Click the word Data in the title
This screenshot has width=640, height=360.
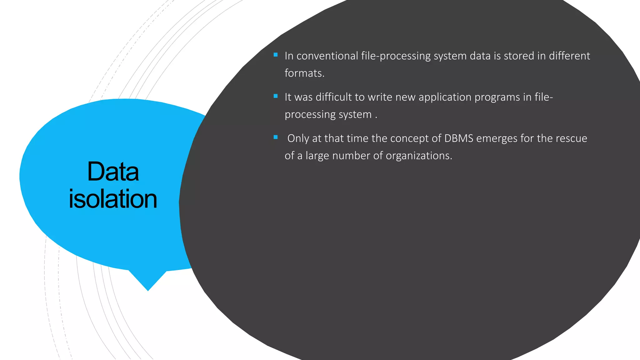coord(113,172)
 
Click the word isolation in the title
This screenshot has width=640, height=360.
coord(113,199)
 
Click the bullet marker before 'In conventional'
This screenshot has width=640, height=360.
coord(275,55)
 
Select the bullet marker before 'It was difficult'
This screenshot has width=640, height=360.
coord(275,96)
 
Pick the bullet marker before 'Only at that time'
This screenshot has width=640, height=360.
coord(275,137)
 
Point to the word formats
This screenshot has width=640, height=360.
coord(304,73)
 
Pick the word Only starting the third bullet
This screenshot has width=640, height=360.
coord(298,138)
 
